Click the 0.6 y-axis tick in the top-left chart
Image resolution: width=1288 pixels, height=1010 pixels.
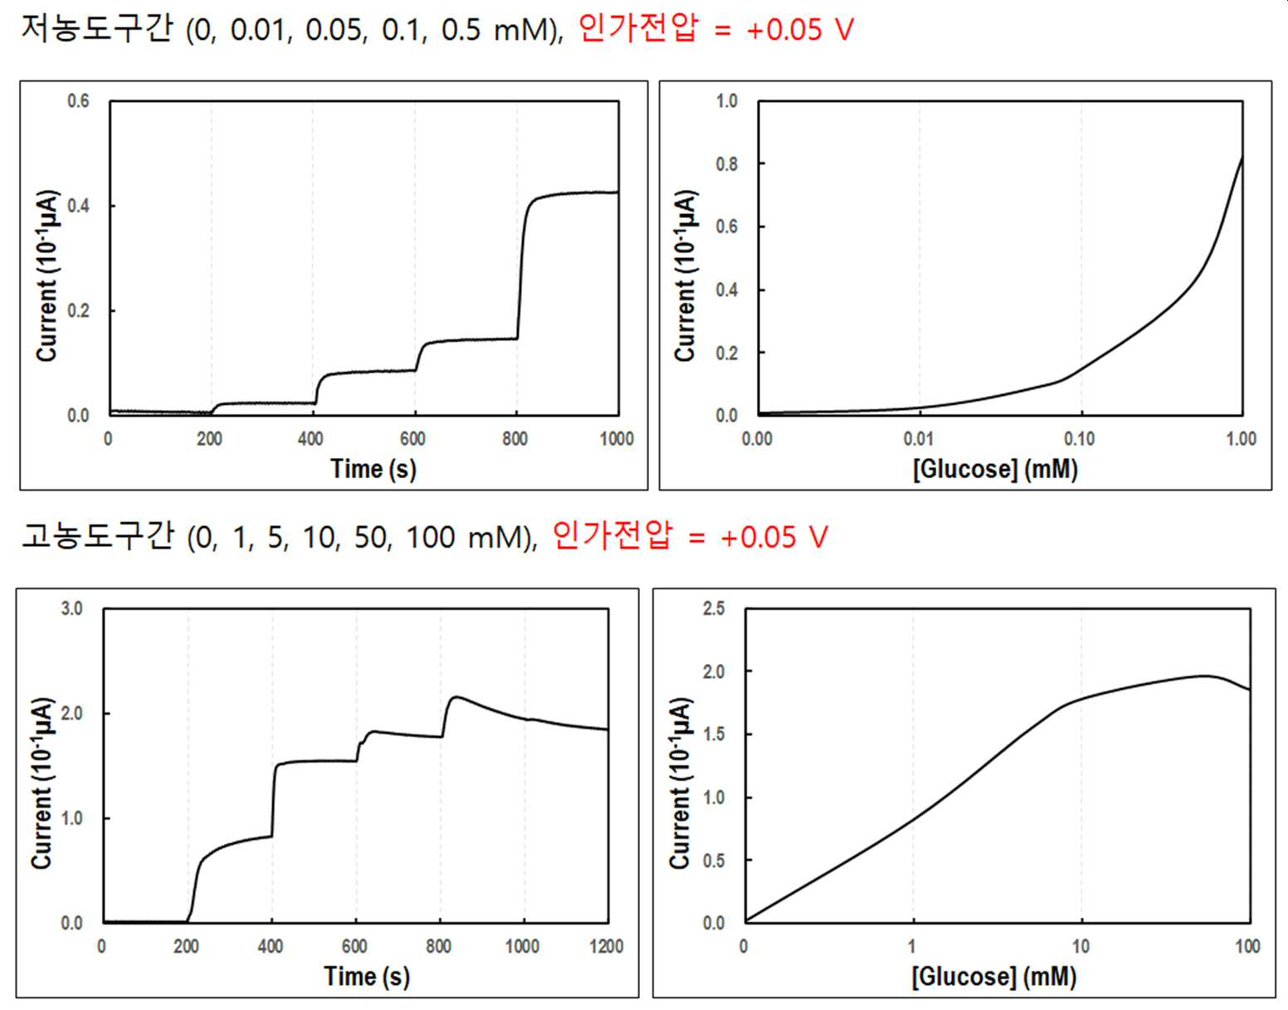click(78, 100)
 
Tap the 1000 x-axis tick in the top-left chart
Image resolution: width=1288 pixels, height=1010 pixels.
click(617, 439)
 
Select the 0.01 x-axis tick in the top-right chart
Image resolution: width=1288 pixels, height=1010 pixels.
click(918, 439)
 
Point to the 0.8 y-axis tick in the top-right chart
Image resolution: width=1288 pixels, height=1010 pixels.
click(727, 163)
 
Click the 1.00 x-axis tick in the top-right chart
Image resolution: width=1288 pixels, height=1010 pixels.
click(1242, 439)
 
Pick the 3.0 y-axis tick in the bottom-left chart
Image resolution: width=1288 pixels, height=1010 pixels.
click(71, 608)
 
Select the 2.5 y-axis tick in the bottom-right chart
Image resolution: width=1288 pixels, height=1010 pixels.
click(714, 608)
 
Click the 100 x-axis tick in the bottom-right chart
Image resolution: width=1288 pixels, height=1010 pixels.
click(1247, 947)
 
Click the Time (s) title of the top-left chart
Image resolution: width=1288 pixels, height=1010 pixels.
click(373, 469)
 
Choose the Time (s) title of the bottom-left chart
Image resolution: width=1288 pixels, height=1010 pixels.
click(367, 976)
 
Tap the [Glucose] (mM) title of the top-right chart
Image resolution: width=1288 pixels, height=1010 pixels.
click(995, 469)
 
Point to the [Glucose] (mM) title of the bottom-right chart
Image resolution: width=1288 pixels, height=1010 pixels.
click(994, 976)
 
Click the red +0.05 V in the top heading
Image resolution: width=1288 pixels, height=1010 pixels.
click(800, 30)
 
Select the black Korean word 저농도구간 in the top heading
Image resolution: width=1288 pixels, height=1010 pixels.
click(98, 28)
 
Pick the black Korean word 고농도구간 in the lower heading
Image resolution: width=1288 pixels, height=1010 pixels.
click(98, 536)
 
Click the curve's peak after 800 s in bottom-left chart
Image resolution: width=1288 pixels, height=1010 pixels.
click(456, 697)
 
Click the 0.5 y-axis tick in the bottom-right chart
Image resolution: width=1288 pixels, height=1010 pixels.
click(714, 861)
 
